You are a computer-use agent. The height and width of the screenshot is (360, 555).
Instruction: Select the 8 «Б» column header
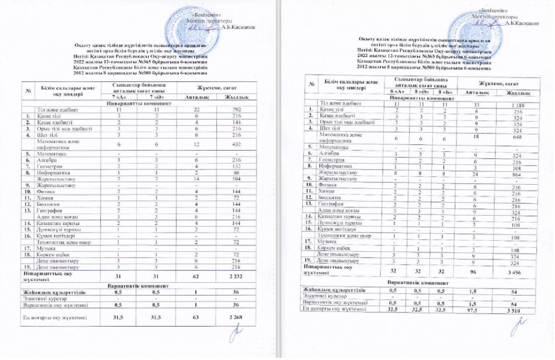[445, 91]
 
